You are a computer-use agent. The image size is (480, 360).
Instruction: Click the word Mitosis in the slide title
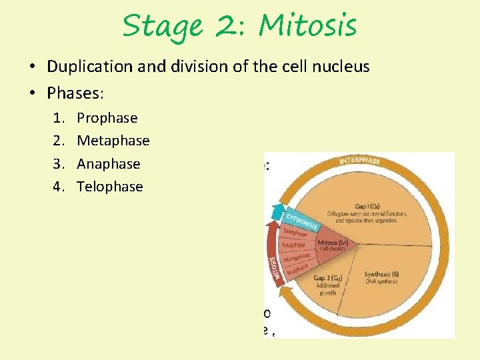click(x=308, y=27)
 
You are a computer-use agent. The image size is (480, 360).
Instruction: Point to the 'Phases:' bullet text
click(x=75, y=93)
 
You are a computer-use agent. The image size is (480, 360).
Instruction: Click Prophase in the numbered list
click(x=107, y=118)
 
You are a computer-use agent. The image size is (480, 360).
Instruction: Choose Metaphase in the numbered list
click(x=113, y=141)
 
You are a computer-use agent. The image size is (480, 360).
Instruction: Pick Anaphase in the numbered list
click(x=109, y=163)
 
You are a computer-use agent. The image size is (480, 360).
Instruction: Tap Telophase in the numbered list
click(x=110, y=186)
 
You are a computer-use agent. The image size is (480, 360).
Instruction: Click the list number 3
click(x=58, y=163)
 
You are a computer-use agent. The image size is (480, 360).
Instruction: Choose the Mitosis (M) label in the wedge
click(x=331, y=242)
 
